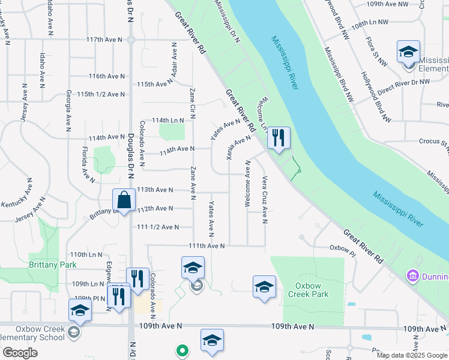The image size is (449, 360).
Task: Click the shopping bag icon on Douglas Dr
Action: click(124, 200)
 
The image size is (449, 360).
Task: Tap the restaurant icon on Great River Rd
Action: click(278, 138)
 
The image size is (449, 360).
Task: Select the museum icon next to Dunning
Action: click(412, 276)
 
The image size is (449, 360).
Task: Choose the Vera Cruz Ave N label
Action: click(264, 199)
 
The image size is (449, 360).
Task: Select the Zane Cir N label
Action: click(193, 103)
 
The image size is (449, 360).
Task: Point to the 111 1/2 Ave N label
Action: click(158, 227)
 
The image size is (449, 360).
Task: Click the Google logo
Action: click(20, 353)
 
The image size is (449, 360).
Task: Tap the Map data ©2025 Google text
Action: click(411, 355)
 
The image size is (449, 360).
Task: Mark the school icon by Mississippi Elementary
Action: click(408, 52)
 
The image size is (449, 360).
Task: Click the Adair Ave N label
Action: click(174, 61)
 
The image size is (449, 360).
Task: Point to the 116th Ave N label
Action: click(106, 76)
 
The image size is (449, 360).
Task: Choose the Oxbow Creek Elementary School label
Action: click(32, 332)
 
